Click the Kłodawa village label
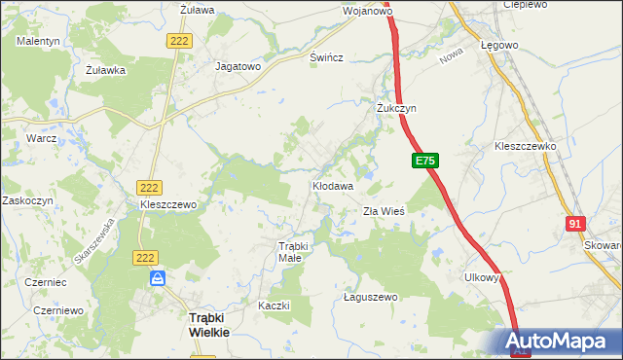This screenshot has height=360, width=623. pos(332,184)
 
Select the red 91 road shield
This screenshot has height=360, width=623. pos(575,224)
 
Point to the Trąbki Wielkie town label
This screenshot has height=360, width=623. pos(208,325)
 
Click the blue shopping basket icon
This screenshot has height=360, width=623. pos(158,278)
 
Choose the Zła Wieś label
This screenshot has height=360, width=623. pos(384,210)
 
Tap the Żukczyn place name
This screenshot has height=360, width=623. pos(396,108)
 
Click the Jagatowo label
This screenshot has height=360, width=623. pos(238,67)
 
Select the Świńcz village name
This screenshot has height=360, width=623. pos(326,57)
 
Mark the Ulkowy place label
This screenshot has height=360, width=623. pos(482,277)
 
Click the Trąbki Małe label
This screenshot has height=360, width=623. pos(293,252)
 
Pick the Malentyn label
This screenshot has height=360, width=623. pos(38,41)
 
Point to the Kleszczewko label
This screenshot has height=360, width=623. pos(525,146)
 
